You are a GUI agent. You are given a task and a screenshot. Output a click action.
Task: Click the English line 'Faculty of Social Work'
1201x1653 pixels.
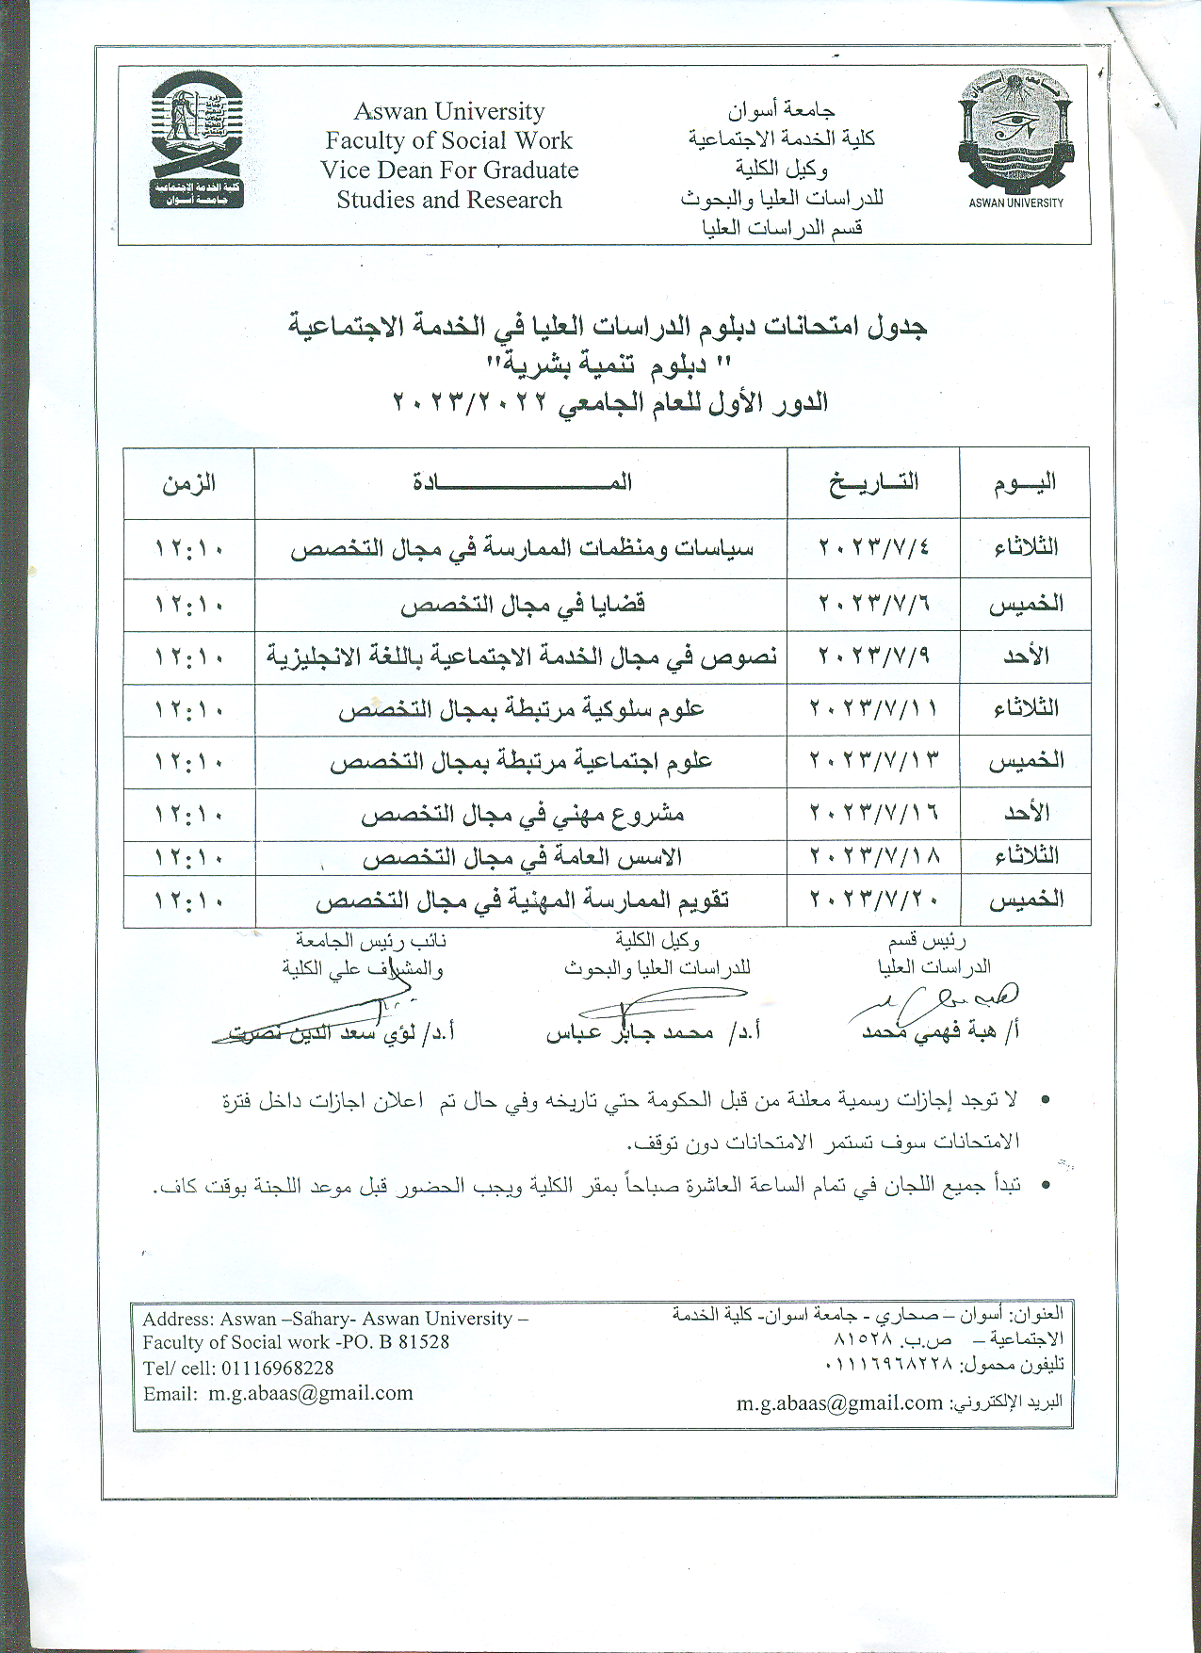449,141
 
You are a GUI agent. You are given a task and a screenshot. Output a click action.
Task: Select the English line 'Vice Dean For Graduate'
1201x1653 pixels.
449,170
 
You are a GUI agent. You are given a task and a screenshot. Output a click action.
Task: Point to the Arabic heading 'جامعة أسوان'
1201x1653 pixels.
781,110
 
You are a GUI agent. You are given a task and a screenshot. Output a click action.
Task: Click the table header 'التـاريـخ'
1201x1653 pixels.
873,482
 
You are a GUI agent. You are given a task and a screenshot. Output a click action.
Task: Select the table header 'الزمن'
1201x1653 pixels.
189,484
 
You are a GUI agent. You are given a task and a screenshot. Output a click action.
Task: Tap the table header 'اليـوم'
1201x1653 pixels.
1025,483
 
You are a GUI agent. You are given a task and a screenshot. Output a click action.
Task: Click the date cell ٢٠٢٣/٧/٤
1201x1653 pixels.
873,547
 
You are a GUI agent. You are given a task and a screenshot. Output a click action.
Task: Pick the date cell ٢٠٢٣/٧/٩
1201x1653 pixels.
873,656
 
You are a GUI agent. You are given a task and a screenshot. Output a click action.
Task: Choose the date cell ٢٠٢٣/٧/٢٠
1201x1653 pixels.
873,900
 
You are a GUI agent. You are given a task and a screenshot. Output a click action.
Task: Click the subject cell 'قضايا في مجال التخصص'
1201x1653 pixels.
522,604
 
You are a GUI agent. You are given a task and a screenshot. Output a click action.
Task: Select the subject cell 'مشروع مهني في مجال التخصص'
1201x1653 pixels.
522,814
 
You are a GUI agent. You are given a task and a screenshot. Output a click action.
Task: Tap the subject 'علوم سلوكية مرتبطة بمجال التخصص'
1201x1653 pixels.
522,709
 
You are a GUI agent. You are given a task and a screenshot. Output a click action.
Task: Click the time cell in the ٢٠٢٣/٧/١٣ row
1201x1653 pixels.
189,761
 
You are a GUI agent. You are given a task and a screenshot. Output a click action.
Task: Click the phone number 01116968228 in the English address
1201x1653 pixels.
277,1368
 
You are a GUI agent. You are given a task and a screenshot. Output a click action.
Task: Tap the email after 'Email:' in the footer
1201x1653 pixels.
311,1393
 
